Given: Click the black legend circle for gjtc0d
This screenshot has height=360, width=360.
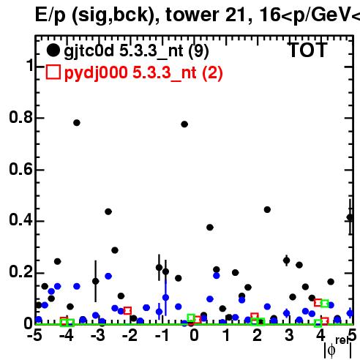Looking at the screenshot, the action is [x=53, y=50].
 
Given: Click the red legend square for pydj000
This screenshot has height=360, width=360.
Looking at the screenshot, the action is [x=53, y=72].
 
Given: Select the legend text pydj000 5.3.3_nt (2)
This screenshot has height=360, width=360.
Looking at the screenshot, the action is [x=143, y=72].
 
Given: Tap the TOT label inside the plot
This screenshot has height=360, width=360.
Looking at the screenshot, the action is [x=307, y=50].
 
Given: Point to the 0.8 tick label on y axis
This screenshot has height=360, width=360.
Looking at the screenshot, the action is [x=20, y=117].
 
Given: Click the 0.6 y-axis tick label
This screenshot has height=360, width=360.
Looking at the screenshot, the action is [x=20, y=169].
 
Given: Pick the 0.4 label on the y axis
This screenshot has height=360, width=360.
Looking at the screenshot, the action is [x=20, y=220].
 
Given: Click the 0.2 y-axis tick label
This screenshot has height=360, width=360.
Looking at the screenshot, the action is [x=20, y=272].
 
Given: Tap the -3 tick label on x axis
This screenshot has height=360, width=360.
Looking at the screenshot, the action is [x=98, y=335].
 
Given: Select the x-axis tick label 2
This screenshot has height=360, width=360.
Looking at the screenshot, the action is [x=257, y=335].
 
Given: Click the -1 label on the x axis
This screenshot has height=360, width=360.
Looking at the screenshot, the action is [x=162, y=335].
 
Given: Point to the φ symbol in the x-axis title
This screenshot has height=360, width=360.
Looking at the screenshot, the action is [x=331, y=350].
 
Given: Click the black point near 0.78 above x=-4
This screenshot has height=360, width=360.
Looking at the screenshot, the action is [x=77, y=123].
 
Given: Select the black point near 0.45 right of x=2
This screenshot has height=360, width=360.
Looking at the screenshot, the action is [x=267, y=209].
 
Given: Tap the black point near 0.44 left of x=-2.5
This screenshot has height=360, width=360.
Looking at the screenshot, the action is [x=108, y=211].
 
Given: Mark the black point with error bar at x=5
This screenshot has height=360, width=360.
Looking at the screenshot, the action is [x=350, y=217].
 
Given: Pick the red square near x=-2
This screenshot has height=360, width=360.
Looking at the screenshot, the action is [x=127, y=311].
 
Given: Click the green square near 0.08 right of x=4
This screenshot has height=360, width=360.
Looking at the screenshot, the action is [x=325, y=304].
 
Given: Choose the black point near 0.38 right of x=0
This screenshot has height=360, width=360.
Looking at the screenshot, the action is [x=210, y=228].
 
